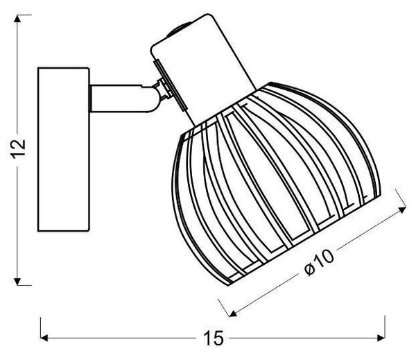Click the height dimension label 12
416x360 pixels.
tap(18, 149)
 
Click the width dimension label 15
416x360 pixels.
tap(214, 338)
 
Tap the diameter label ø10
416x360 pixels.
tap(319, 263)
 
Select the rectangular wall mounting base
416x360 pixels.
tap(63, 149)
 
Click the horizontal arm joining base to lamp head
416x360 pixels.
tap(122, 98)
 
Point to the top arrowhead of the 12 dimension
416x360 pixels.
tap(17, 19)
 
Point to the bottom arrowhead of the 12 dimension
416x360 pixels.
tap(17, 282)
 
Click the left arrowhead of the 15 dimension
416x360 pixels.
tap(44, 338)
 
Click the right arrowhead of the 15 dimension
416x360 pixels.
tap(381, 338)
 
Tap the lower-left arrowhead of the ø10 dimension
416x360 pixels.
tap(233, 314)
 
